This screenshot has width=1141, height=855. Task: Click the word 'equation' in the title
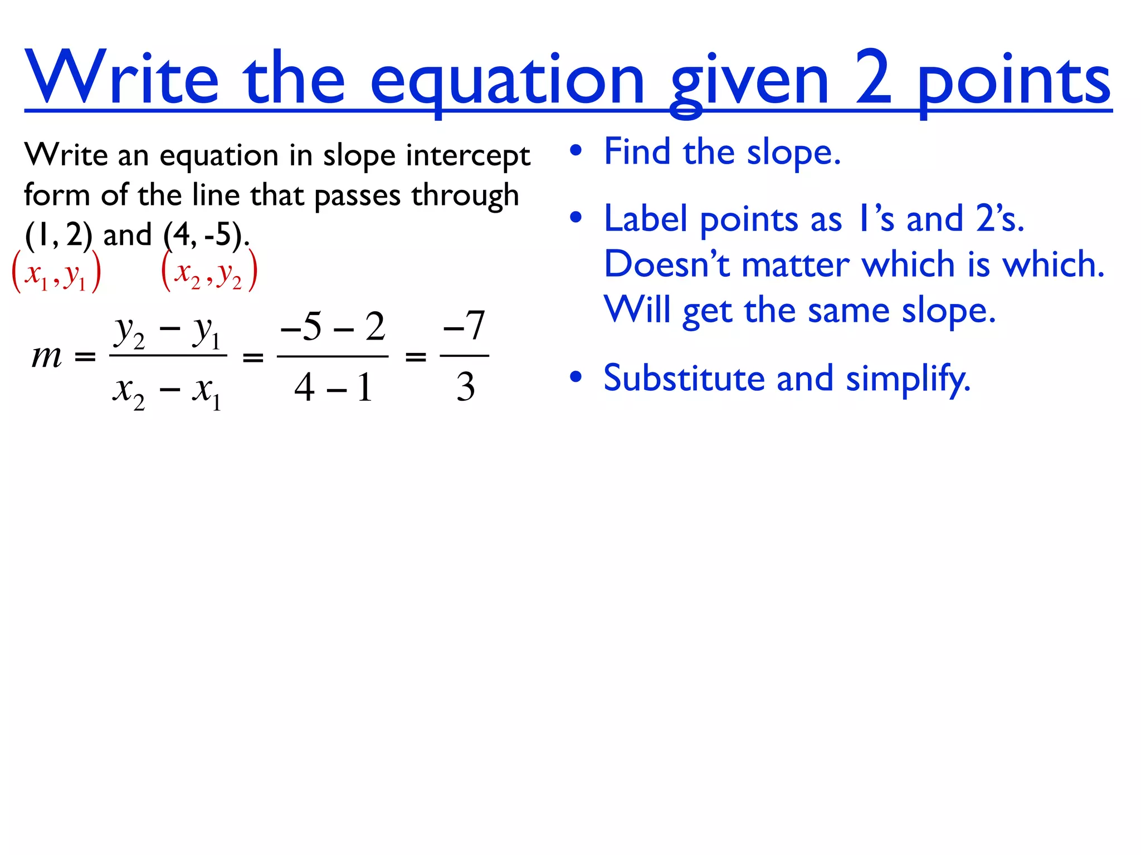pyautogui.click(x=507, y=81)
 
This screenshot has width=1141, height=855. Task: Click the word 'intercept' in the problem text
pyautogui.click(x=468, y=155)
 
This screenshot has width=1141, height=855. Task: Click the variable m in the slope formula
pyautogui.click(x=47, y=356)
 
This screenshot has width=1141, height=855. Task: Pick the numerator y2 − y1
pyautogui.click(x=168, y=332)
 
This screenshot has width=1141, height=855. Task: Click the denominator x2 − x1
pyautogui.click(x=168, y=391)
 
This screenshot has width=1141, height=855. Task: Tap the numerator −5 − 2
pyautogui.click(x=333, y=327)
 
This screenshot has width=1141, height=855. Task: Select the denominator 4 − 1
pyautogui.click(x=333, y=387)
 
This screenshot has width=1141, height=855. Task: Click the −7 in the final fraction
pyautogui.click(x=464, y=326)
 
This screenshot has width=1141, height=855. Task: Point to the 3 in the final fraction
pyautogui.click(x=465, y=387)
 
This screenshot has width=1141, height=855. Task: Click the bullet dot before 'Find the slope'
pyautogui.click(x=576, y=151)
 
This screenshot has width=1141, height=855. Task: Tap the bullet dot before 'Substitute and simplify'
pyautogui.click(x=576, y=377)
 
